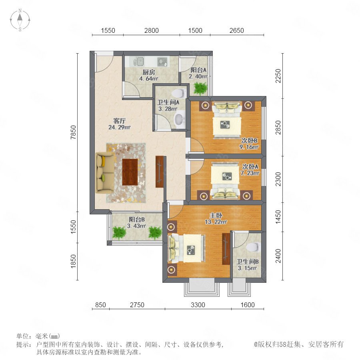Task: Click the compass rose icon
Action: click(x=20, y=20)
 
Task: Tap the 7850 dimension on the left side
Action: click(x=73, y=132)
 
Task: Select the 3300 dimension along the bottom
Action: click(x=198, y=305)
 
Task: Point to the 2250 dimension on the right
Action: click(x=278, y=76)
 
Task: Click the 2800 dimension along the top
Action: click(x=151, y=30)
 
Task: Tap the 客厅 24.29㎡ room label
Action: click(x=119, y=124)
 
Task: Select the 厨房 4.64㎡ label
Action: click(x=148, y=75)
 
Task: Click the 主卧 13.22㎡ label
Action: click(x=216, y=218)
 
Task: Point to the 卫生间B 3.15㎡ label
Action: click(x=247, y=265)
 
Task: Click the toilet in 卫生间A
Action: click(x=180, y=93)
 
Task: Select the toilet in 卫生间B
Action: click(x=253, y=247)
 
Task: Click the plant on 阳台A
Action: click(x=200, y=88)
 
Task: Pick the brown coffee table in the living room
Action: click(x=130, y=172)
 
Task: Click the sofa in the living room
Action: click(x=105, y=173)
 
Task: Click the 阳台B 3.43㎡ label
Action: click(x=137, y=222)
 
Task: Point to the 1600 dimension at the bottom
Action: click(x=248, y=305)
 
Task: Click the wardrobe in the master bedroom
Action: click(x=226, y=249)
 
